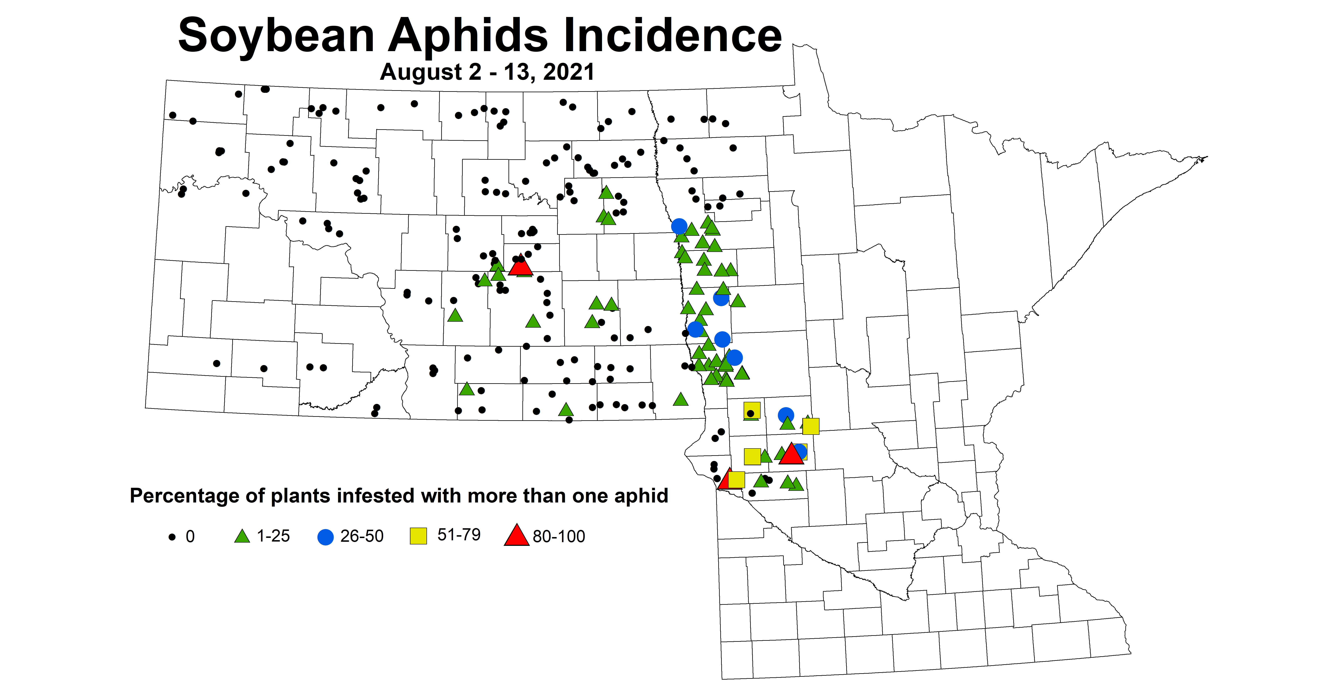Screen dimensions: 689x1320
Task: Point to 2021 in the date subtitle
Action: (569, 72)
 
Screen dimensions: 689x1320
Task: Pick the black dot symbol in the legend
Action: (172, 537)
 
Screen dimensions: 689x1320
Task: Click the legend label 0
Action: (190, 536)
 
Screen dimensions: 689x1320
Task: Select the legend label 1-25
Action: (273, 536)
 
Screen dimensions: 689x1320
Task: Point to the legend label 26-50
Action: (362, 536)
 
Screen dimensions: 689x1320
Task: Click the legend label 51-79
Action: (459, 535)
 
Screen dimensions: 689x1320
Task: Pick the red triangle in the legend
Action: (516, 536)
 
